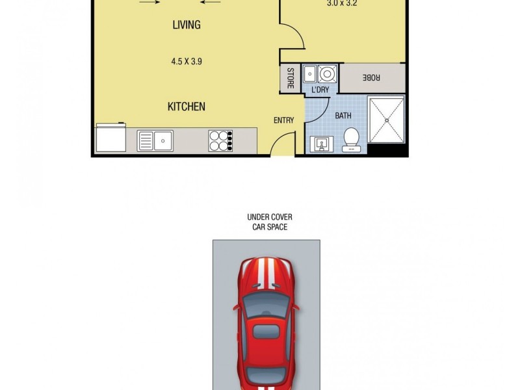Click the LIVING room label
pos(186,25)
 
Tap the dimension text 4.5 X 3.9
pos(186,62)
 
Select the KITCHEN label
pos(187,107)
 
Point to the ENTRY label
pos(283,120)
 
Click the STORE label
pos(290,79)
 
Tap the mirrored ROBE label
pos(372,77)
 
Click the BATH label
pos(343,116)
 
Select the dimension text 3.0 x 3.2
pos(341,3)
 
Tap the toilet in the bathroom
pos(351,139)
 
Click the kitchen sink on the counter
pos(155,140)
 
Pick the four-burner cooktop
pos(220,141)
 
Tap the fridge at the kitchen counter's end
pos(111,138)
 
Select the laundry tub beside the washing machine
pos(311,73)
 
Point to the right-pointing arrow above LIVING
pos(149,2)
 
